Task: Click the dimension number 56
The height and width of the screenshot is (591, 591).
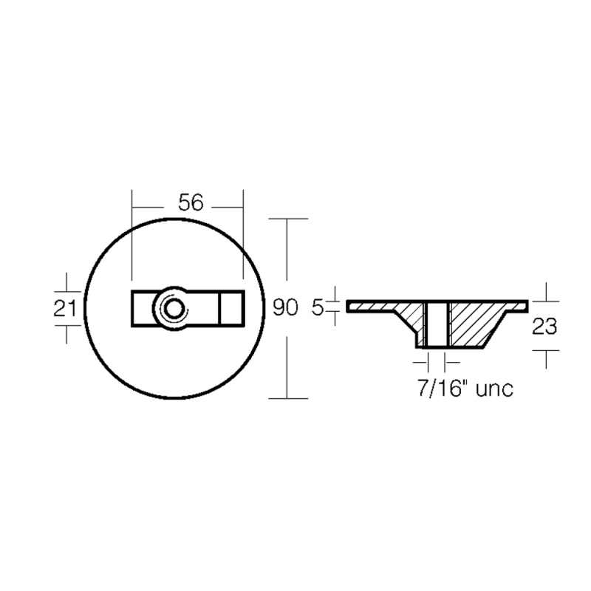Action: tap(190, 202)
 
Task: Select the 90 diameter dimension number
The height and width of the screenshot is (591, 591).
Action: tap(285, 308)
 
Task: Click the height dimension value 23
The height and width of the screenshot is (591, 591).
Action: tap(544, 326)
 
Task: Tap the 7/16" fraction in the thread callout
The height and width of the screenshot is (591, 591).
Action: tap(441, 389)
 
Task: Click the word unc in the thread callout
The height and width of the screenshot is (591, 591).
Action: tap(493, 389)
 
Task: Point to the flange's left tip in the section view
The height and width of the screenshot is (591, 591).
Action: tap(350, 304)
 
